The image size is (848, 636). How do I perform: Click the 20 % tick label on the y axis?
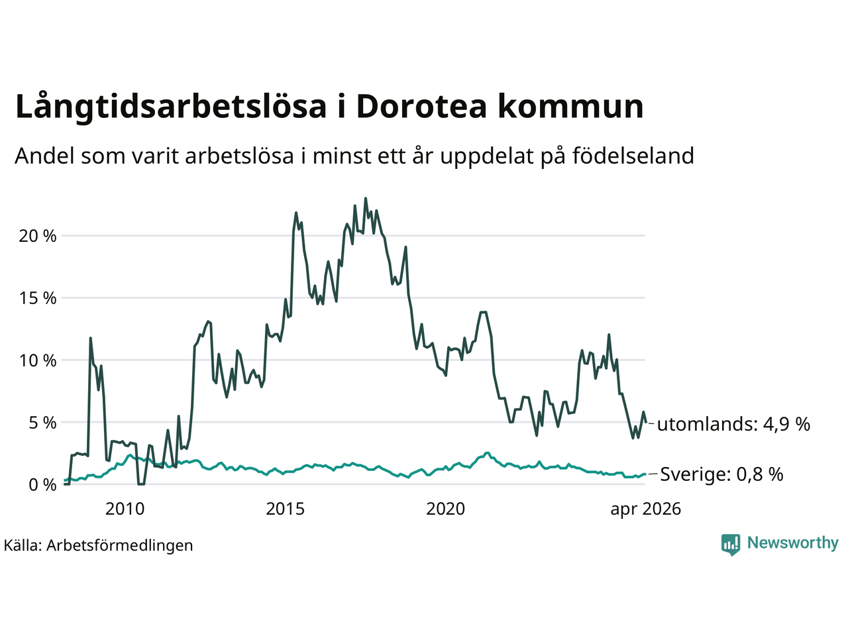38,236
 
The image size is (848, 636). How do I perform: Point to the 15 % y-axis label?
38,298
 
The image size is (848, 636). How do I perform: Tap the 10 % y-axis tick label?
38,360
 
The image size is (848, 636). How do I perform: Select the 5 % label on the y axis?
42,423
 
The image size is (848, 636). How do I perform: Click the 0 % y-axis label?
42,485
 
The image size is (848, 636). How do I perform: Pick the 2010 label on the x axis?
125,509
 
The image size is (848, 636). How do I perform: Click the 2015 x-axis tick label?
285,509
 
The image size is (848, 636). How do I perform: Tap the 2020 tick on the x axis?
445,509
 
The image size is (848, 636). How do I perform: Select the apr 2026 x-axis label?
645,509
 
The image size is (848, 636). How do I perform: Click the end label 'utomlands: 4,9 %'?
733,425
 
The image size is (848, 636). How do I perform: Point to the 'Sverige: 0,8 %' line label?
721,474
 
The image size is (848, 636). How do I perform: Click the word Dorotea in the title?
422,106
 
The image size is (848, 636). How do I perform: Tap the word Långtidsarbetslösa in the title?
171,108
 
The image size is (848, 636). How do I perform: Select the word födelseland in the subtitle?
633,156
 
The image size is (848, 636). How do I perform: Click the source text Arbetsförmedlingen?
120,546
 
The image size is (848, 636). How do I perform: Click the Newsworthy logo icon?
731,545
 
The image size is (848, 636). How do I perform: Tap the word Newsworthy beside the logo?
793,543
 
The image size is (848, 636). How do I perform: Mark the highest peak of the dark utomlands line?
366,199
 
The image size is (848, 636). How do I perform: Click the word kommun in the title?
571,106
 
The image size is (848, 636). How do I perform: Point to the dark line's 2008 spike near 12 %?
90,339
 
